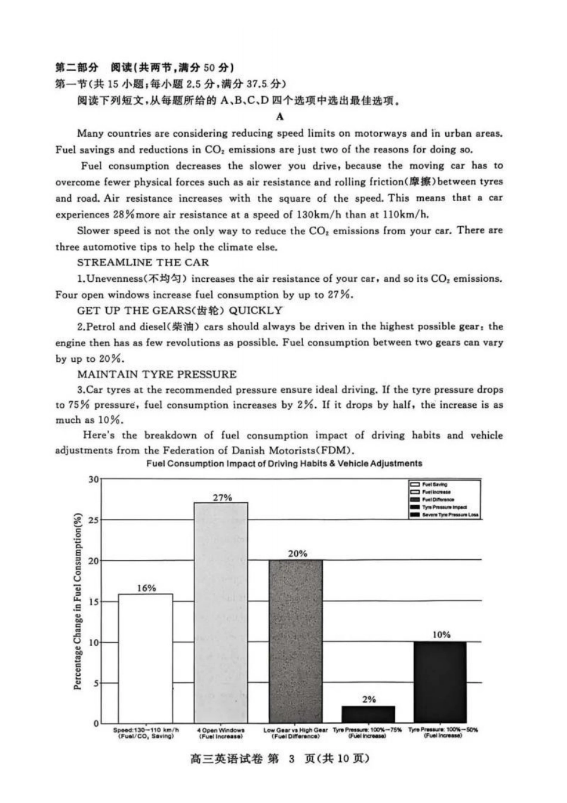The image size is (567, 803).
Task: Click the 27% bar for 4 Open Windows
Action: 221,612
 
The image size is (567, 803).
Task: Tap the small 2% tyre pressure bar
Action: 368,714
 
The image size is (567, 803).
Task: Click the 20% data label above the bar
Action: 297,553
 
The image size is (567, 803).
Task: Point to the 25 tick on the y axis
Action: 94,520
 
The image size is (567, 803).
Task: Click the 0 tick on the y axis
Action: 95,723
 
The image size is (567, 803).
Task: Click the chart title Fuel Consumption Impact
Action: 284,463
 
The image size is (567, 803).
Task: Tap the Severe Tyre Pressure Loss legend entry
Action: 449,514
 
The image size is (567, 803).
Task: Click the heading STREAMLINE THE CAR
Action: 143,263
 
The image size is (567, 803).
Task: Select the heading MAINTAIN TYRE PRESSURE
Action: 156,374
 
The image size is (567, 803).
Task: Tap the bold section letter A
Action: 280,117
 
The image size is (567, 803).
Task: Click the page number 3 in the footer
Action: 291,759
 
